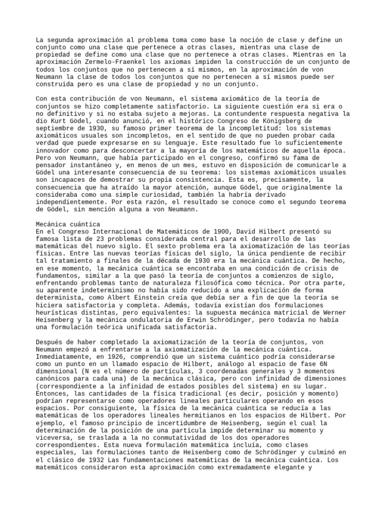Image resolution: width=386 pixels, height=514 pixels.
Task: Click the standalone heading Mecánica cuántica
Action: pos(68,224)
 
